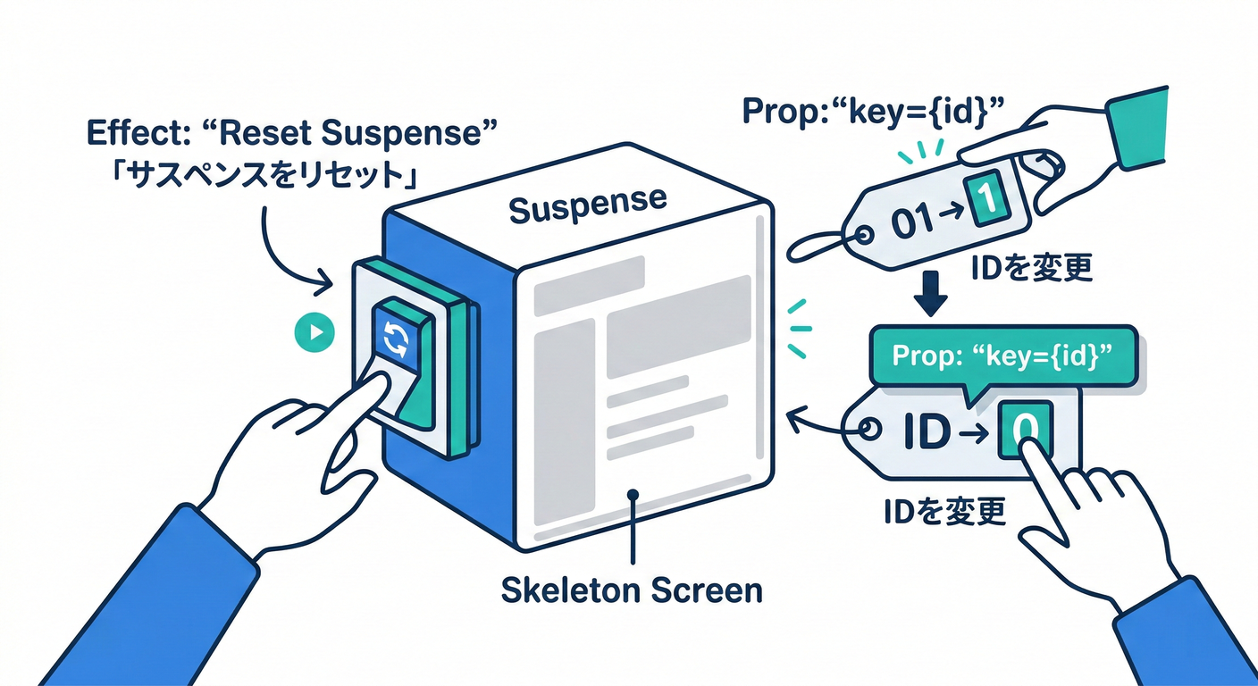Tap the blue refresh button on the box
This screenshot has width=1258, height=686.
click(x=394, y=339)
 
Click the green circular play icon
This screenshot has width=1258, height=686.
click(x=314, y=333)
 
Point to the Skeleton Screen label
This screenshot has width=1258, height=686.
click(x=631, y=590)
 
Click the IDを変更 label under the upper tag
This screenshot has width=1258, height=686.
click(x=1033, y=267)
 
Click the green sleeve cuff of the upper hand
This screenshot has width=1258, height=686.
click(x=1138, y=130)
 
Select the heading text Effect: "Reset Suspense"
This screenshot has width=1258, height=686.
click(x=291, y=134)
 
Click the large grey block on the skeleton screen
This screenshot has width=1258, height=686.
click(x=678, y=325)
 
